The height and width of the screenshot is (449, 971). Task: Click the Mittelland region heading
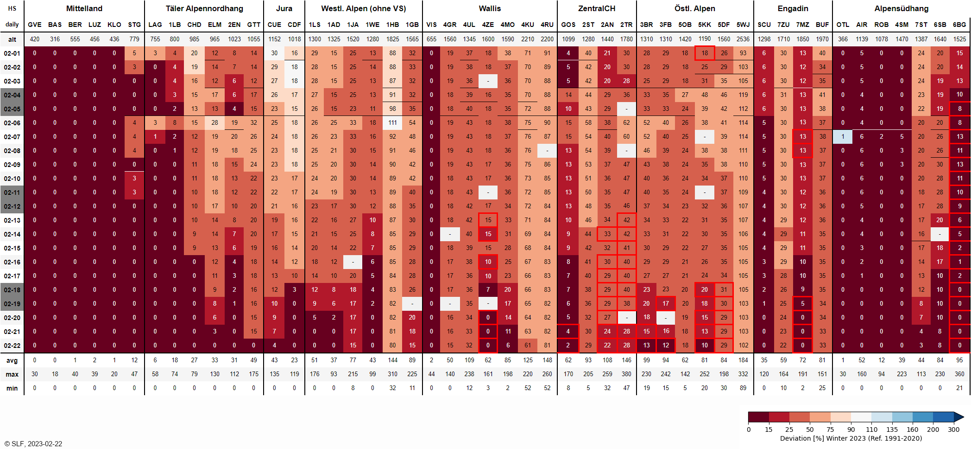coord(84,8)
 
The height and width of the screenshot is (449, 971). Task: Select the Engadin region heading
coord(793,8)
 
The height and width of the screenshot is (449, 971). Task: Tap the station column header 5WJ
coord(743,25)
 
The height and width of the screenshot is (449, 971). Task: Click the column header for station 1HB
coord(392,25)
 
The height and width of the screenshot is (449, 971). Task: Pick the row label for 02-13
coord(12,220)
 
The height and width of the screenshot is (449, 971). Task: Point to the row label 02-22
coord(12,346)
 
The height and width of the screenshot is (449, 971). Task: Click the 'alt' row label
coord(12,39)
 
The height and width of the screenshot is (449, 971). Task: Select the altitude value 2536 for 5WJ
coord(743,39)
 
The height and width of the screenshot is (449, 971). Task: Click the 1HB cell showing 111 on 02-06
coord(392,123)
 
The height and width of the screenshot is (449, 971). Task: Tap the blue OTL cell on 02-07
coord(843,137)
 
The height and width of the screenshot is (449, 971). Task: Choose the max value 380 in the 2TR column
coord(626,374)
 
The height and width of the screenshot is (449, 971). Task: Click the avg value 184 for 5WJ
coord(743,360)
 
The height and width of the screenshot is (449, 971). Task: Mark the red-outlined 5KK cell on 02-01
coord(705,53)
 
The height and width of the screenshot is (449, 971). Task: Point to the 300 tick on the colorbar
coord(953,429)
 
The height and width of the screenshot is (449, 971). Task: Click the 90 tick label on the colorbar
coord(851,429)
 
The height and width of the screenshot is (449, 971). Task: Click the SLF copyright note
coord(33,443)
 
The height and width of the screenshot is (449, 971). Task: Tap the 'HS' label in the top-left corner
coord(12,8)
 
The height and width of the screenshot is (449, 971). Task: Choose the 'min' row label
coord(12,388)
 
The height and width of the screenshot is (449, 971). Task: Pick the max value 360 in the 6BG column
coord(959,374)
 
